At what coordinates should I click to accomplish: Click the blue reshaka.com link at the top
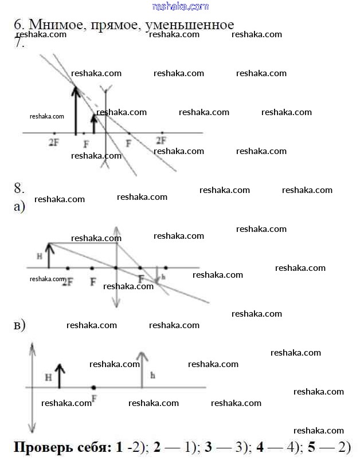[x=181, y=6]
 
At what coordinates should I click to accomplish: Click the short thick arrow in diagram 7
[x=95, y=124]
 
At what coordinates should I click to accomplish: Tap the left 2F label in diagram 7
[x=54, y=141]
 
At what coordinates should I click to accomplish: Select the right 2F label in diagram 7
[x=161, y=140]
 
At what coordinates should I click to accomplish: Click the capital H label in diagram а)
[x=40, y=257]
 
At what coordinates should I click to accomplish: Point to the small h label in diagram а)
[x=163, y=277]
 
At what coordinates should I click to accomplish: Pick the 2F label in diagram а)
[x=68, y=281]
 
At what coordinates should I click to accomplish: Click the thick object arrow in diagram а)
[x=49, y=255]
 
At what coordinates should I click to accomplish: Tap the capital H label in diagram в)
[x=48, y=378]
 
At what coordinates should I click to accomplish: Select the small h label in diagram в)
[x=152, y=376]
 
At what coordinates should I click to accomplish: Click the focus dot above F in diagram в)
[x=93, y=388]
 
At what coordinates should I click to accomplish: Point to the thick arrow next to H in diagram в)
[x=60, y=376]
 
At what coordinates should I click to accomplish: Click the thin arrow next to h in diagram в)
[x=142, y=370]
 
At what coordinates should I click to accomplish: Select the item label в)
[x=19, y=325]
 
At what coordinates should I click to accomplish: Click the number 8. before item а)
[x=19, y=188]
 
